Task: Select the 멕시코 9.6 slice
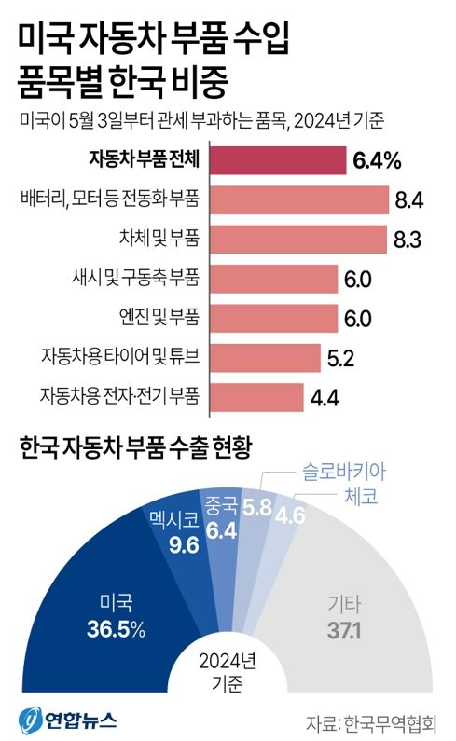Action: coord(172,536)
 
